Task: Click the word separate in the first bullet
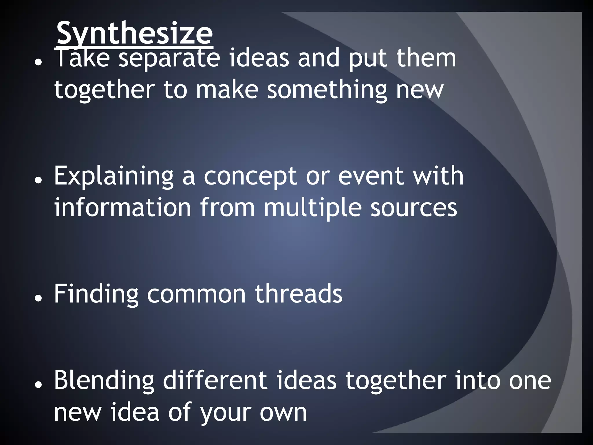pyautogui.click(x=169, y=59)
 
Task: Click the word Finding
pyautogui.click(x=96, y=294)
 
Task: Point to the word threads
pyautogui.click(x=298, y=294)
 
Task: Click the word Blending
pyautogui.click(x=104, y=381)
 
